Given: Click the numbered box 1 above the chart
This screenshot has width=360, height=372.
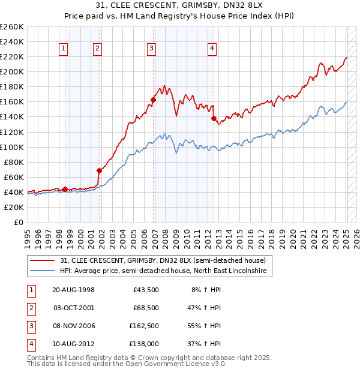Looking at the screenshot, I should click(x=64, y=49).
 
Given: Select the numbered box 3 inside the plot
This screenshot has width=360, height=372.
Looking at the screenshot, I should click(x=152, y=49).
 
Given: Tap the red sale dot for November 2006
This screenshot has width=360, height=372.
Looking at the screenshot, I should click(x=154, y=100).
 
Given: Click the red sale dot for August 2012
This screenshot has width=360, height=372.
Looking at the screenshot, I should click(x=214, y=118).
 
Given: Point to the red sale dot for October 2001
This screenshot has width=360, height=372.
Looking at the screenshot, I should click(x=100, y=170).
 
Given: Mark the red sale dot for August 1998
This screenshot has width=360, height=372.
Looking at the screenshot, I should click(x=65, y=189).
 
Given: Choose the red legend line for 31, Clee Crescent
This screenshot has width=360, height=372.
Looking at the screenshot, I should click(x=43, y=260).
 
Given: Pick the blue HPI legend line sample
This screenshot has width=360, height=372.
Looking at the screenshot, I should click(x=43, y=271).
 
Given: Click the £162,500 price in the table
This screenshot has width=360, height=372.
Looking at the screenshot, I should click(x=144, y=326).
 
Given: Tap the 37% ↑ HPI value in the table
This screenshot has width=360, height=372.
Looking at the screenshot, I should click(x=205, y=344).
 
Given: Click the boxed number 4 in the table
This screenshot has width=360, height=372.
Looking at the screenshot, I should click(x=30, y=344).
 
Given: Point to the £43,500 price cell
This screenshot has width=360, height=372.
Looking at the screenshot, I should click(x=146, y=290).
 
